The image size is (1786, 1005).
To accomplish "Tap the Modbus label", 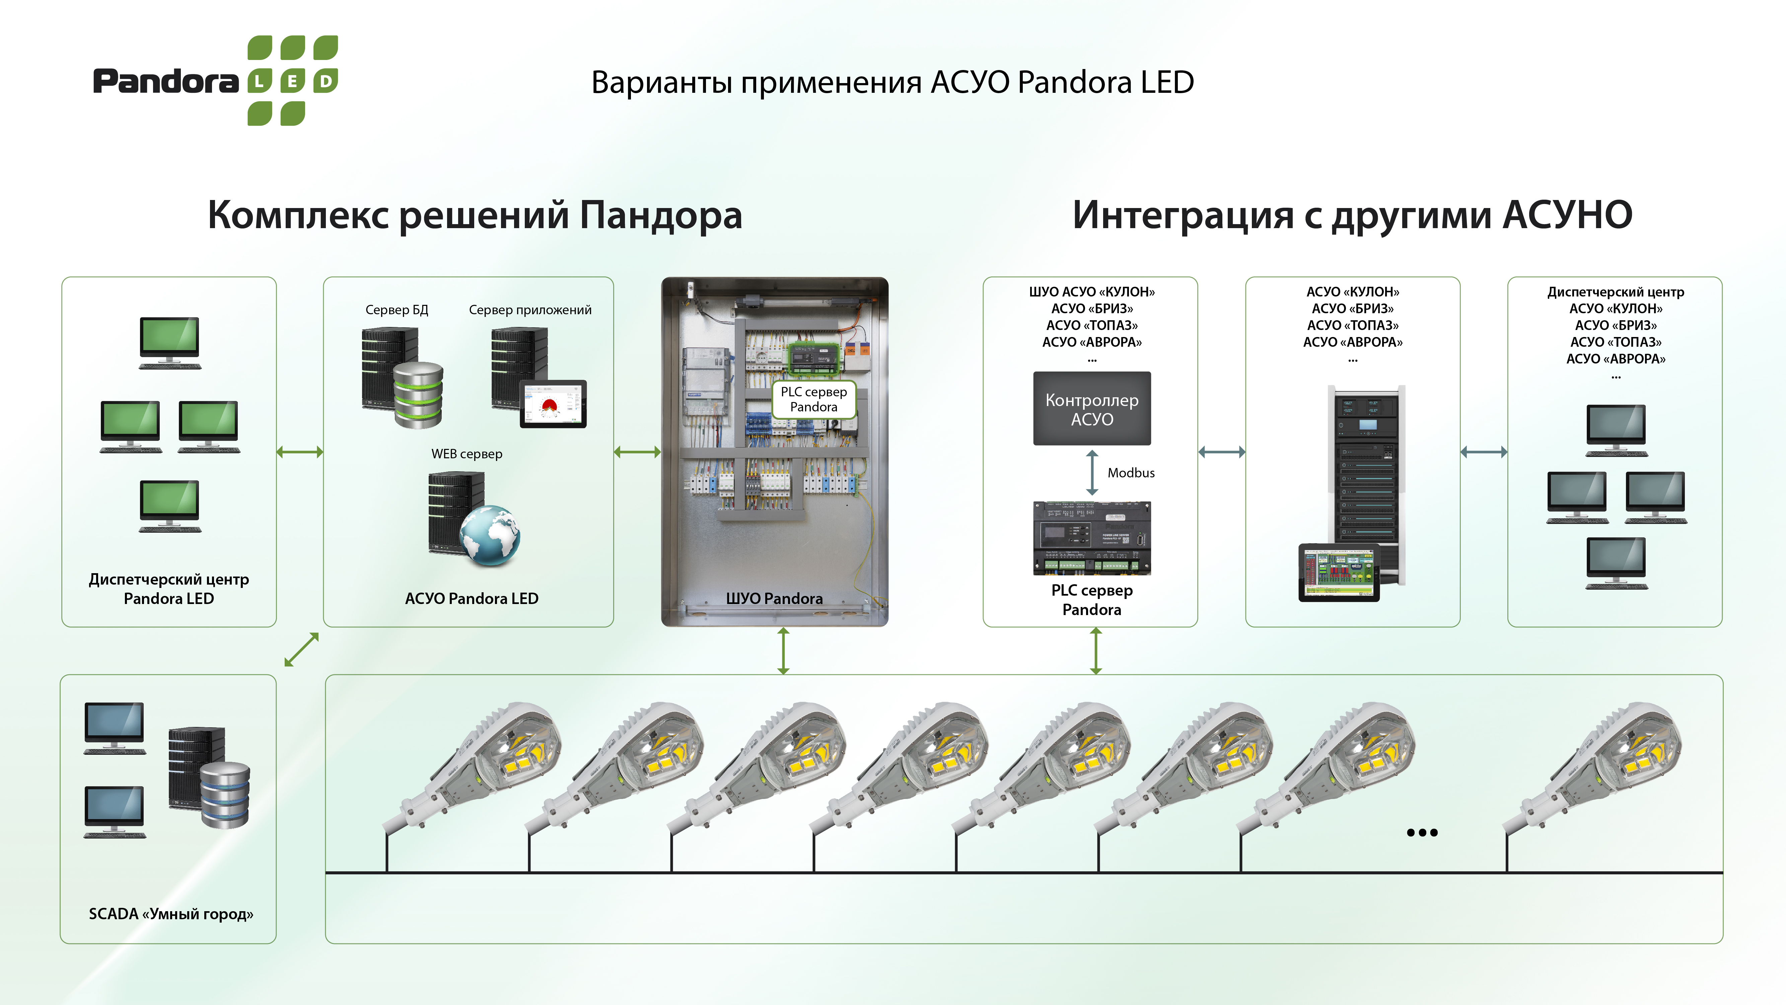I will coord(1131,473).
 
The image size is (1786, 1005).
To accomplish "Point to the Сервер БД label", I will coord(397,310).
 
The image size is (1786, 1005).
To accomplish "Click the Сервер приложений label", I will coord(530,310).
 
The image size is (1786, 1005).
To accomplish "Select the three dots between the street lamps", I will coord(1422,832).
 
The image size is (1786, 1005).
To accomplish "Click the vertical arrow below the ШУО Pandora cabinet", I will coord(783,651).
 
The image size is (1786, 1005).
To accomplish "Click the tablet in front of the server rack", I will coord(1338,572).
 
